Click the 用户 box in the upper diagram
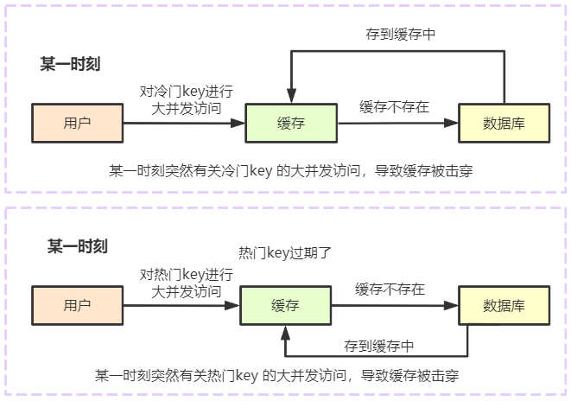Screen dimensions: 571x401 [x=77, y=123]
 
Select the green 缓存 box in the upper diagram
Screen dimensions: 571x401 [x=291, y=123]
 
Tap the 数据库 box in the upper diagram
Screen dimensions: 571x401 [x=504, y=123]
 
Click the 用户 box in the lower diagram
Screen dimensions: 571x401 [x=77, y=305]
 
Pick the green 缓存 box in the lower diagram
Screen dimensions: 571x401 [x=285, y=305]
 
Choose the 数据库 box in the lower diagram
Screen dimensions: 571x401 [x=504, y=305]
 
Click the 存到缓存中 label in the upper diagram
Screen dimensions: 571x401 [x=401, y=35]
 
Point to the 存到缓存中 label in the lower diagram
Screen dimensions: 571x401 [x=379, y=346]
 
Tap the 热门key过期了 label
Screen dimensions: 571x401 [x=285, y=252]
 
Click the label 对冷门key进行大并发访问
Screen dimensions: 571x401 [x=187, y=99]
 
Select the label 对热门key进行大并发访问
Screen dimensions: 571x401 [x=187, y=283]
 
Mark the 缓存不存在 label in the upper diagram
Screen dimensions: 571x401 [x=395, y=107]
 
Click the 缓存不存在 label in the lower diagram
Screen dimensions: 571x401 [x=390, y=290]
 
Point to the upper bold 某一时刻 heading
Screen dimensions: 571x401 [x=70, y=64]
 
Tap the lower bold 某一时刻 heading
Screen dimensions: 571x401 [x=78, y=246]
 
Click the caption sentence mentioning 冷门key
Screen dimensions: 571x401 [x=291, y=171]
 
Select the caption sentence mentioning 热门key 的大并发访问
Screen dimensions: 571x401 [x=276, y=375]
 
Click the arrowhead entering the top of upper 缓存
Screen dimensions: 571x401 [x=291, y=96]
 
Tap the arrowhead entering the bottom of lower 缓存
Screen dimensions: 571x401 [x=285, y=333]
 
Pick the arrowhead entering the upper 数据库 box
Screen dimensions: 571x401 [x=451, y=123]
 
